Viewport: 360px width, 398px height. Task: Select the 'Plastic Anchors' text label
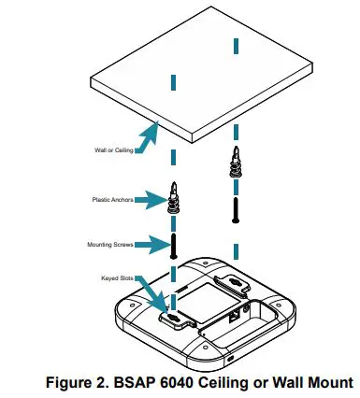112,199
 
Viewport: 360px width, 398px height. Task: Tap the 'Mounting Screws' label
112,245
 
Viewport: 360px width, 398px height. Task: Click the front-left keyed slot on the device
175,319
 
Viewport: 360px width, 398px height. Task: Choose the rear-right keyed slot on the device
230,278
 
